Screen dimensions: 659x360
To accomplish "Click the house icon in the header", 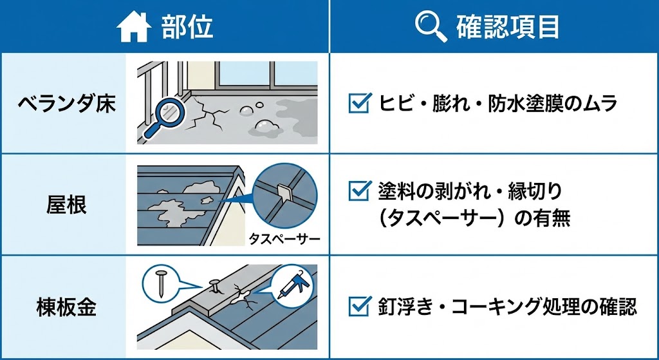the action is pos(134,27).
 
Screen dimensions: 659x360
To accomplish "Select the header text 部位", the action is pos(187,28).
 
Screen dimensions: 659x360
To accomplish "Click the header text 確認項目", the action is pos(508,28).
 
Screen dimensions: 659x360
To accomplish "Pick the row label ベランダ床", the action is pos(66,104).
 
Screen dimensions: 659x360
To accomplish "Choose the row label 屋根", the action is pos(66,205).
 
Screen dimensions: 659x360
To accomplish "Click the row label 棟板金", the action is pos(66,307).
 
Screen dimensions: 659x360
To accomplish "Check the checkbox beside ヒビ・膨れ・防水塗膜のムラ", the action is pos(360,103).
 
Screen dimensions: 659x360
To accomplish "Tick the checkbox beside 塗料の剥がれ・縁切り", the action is pos(360,191).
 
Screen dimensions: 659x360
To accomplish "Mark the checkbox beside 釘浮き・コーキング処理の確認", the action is pos(360,306).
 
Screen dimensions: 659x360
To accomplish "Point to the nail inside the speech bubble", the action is pos(160,283).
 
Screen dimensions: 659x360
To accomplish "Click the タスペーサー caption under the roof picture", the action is pos(284,240).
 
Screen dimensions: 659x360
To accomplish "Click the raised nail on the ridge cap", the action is pos(214,287).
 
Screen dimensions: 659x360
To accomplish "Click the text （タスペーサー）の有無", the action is pos(474,219).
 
